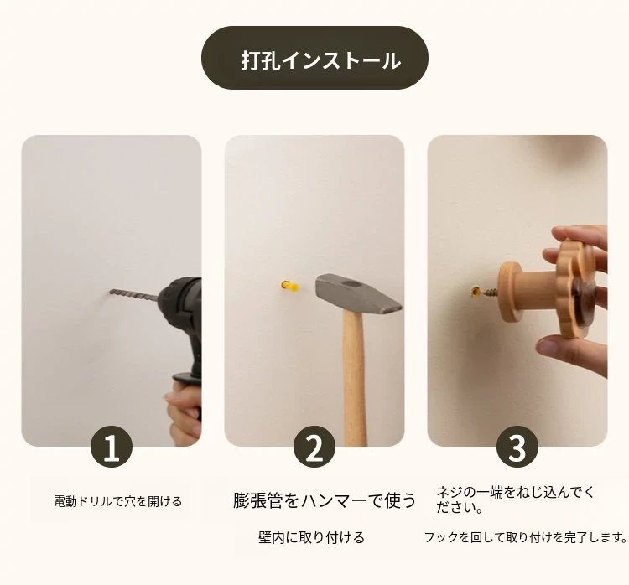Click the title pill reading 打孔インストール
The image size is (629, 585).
coord(314,58)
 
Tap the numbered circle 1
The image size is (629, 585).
coord(112,447)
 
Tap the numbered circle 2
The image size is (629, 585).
coord(314,447)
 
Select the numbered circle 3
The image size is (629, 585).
coord(517,447)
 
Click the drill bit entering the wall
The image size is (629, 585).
coord(133,295)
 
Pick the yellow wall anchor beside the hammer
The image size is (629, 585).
coord(290,287)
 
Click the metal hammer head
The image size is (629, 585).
coord(357,293)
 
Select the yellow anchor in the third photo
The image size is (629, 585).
coord(476,291)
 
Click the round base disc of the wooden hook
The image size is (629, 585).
coord(509,292)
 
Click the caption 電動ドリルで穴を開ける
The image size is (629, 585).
coord(118,501)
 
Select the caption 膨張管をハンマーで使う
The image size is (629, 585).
coord(324,500)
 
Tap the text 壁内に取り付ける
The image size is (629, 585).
coord(311,537)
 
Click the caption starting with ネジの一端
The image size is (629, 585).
coord(515,500)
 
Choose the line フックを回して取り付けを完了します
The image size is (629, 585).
coord(526,537)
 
